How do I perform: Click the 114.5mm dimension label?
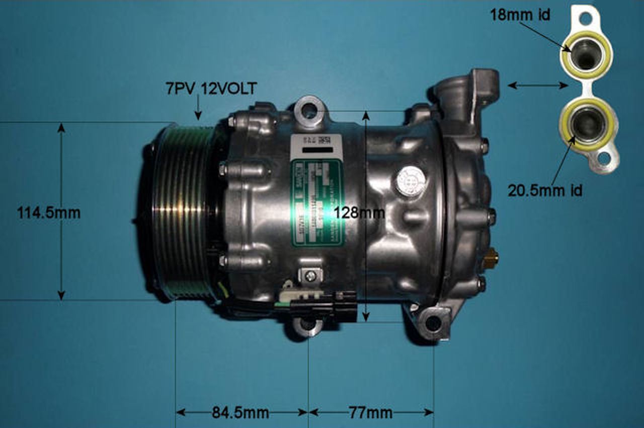pos(49,212)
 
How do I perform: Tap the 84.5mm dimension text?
pos(240,413)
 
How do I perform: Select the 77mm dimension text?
pos(371,413)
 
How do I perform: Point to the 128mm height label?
pos(359,213)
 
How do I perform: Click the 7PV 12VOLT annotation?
pos(211,89)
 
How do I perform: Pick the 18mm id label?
pos(520,15)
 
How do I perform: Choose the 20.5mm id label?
pos(545,190)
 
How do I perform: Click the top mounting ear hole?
pos(309,110)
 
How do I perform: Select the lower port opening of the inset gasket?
pos(588,124)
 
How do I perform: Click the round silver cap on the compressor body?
pos(410,181)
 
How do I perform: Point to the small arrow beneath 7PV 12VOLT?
pos(198,108)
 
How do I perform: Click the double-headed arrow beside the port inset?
pos(538,86)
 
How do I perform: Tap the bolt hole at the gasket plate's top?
pos(586,19)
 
